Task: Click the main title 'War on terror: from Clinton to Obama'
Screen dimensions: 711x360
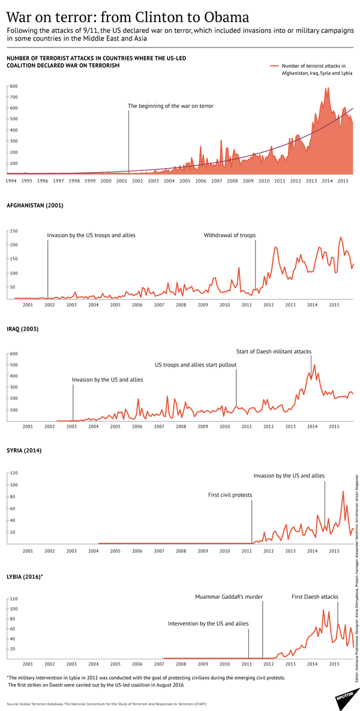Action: [128, 16]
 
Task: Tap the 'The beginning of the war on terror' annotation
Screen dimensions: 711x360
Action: [170, 106]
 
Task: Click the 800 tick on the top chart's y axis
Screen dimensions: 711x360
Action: [13, 86]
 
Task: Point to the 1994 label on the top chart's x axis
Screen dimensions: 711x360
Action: [11, 180]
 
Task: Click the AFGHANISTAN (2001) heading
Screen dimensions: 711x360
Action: [35, 205]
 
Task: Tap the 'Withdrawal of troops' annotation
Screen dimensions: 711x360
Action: [230, 235]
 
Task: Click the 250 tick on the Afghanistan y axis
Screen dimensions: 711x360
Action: [13, 231]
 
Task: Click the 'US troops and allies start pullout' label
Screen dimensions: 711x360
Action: [196, 364]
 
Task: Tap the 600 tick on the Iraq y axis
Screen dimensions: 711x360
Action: [13, 354]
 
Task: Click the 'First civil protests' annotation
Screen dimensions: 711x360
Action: [230, 495]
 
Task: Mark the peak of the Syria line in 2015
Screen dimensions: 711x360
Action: [343, 491]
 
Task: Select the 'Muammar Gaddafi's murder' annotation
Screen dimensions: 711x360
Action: [229, 597]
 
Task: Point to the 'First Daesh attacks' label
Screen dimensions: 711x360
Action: [315, 597]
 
